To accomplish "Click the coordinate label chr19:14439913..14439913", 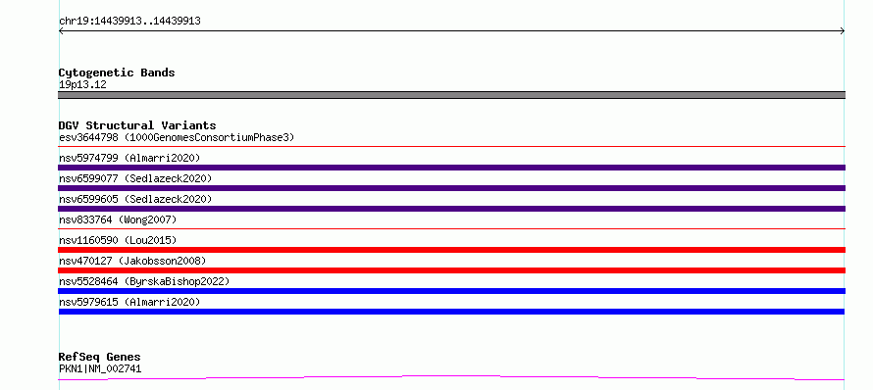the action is point(129,22).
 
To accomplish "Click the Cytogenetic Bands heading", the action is point(117,73).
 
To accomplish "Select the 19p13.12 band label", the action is point(82,85).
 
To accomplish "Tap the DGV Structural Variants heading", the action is point(137,125).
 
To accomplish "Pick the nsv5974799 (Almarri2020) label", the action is point(129,158).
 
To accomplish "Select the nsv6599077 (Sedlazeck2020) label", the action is point(135,178).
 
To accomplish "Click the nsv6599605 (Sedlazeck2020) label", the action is point(135,199).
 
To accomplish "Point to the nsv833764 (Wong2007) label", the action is point(118,219).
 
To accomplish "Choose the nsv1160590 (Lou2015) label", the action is point(118,240).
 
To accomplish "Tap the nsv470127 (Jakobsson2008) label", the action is point(132,261).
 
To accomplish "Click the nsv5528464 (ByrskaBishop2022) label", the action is point(144,281).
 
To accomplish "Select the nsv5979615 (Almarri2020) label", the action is point(129,302).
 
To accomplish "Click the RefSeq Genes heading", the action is point(100,358).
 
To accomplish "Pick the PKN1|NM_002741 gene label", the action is point(100,368).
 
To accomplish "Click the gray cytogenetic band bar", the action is point(451,95).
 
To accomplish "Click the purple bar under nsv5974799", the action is point(451,168).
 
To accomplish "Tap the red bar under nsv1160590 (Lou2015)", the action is point(451,250).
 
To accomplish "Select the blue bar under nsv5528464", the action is point(451,291).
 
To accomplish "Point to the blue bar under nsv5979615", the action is point(451,312).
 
